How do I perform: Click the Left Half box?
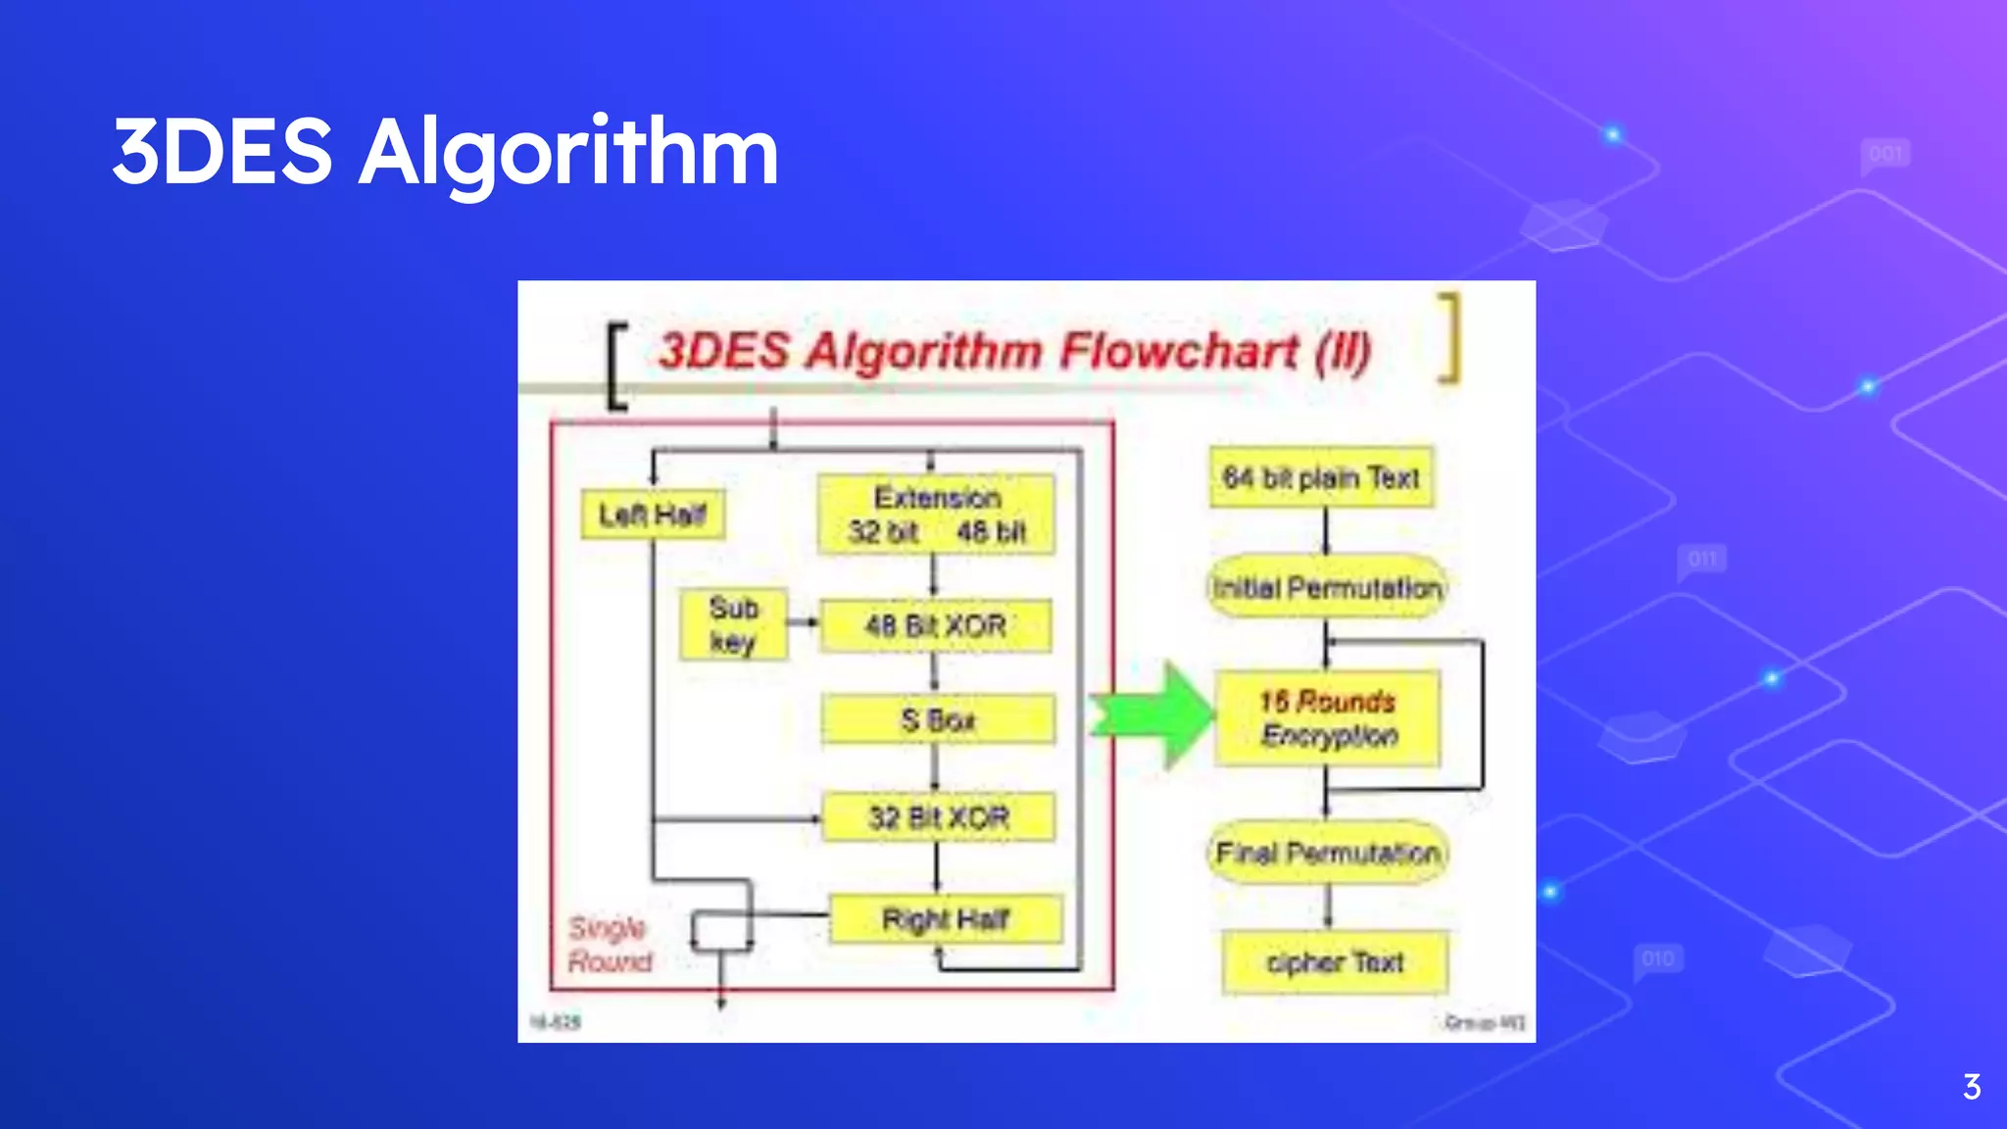(x=653, y=515)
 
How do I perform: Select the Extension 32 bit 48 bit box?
(x=937, y=515)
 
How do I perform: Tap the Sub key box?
(x=733, y=624)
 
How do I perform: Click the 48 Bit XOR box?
(x=936, y=625)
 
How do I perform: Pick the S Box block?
(x=938, y=720)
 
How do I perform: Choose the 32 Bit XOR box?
(x=938, y=817)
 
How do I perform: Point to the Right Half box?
(x=946, y=919)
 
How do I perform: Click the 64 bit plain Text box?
(x=1321, y=477)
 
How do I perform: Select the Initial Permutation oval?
(x=1327, y=588)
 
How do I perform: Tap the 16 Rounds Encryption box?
(x=1328, y=718)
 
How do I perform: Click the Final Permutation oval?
(x=1328, y=853)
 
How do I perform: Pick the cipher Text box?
(x=1335, y=962)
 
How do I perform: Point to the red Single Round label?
(x=610, y=945)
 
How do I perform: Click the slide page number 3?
(x=1972, y=1087)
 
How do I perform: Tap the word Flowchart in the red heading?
(x=1178, y=351)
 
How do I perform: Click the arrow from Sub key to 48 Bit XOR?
(x=803, y=622)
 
